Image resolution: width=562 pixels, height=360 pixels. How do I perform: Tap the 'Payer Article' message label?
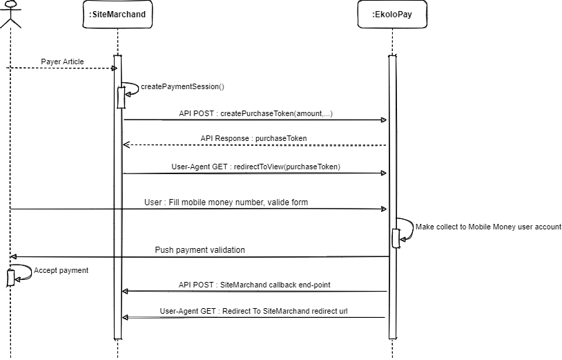click(x=62, y=61)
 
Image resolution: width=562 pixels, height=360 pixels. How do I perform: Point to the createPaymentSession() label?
click(x=182, y=87)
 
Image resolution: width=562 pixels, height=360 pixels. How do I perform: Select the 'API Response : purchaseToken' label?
click(x=253, y=139)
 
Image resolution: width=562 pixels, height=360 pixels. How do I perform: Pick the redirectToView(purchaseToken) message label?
click(x=255, y=167)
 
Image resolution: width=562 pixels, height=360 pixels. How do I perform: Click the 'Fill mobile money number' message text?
click(x=226, y=202)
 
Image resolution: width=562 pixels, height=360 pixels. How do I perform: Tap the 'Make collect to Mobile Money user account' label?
click(x=488, y=227)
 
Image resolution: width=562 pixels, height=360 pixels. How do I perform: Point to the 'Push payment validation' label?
click(x=200, y=250)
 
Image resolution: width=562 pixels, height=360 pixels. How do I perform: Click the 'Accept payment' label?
click(x=61, y=271)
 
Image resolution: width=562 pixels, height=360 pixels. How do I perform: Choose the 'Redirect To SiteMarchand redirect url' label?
click(x=253, y=311)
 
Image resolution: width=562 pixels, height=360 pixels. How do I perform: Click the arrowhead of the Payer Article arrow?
click(x=114, y=68)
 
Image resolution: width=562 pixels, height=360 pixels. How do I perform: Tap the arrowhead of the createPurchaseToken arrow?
click(x=384, y=120)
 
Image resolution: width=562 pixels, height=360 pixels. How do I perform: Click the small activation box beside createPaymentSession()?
click(x=122, y=97)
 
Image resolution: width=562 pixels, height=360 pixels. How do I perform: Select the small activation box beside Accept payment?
click(x=10, y=278)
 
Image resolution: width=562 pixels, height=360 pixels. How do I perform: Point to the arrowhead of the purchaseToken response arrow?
click(x=126, y=145)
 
